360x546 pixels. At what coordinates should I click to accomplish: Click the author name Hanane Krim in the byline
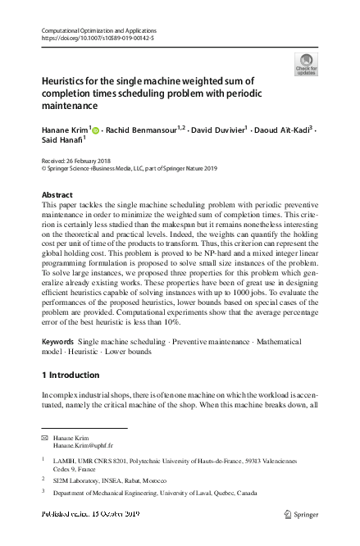coord(65,130)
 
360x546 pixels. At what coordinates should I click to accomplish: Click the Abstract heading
coord(57,194)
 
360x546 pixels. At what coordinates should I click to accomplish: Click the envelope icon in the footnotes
coord(45,439)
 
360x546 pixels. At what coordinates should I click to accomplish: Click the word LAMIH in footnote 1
coord(65,462)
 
